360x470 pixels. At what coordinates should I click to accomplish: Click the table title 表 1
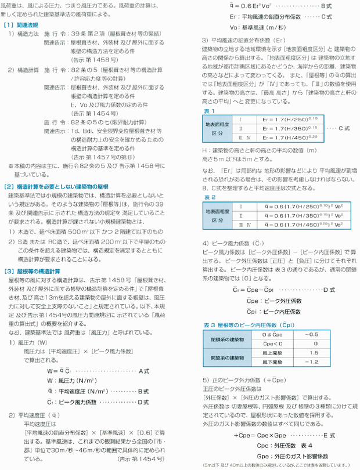[x=208, y=110]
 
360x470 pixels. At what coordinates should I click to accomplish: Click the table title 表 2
[x=208, y=197]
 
